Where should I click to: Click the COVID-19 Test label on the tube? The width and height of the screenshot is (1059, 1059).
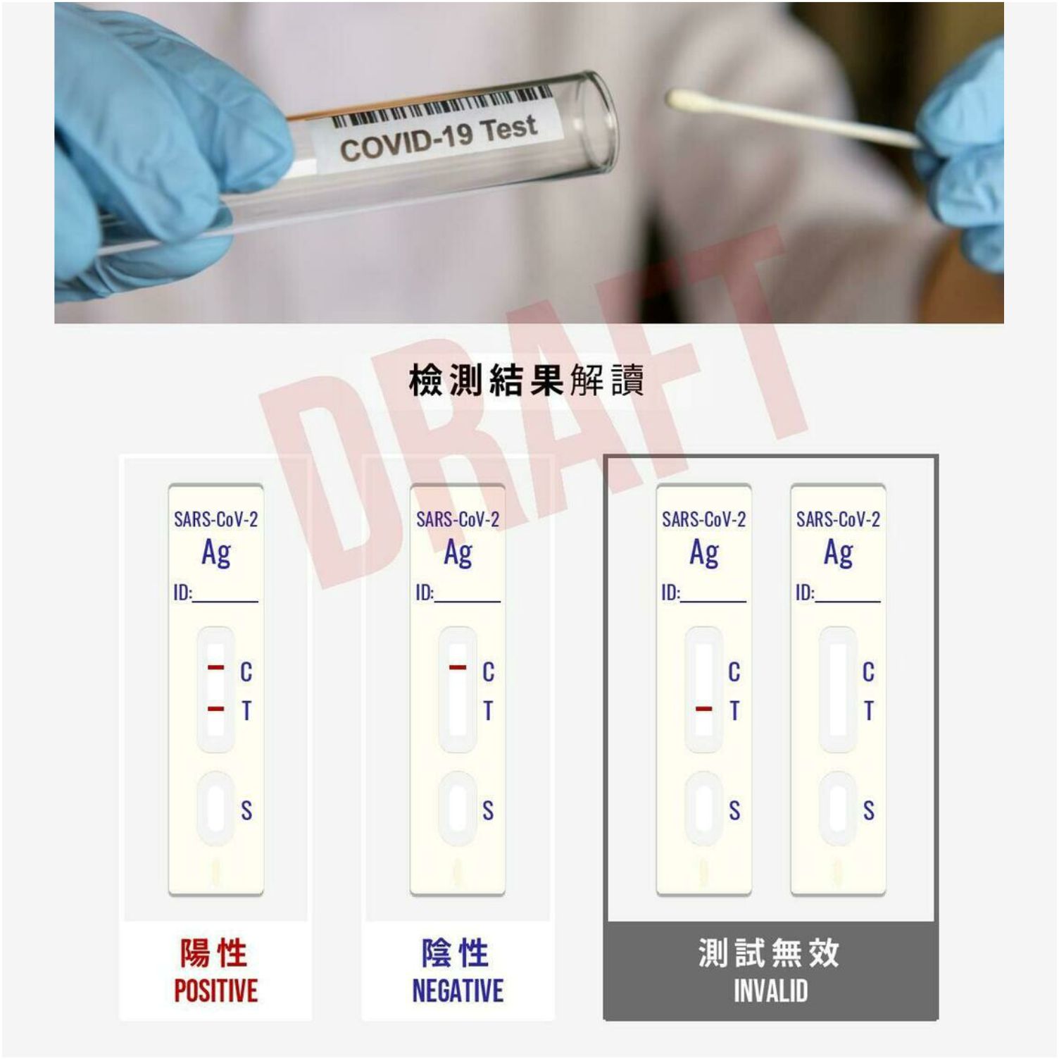click(x=439, y=137)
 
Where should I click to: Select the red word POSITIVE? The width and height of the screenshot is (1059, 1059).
click(x=215, y=991)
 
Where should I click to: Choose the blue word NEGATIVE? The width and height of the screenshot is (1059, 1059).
click(x=458, y=991)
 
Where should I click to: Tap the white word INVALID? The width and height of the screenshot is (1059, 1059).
click(x=771, y=991)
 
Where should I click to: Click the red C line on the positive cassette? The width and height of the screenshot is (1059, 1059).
click(x=215, y=667)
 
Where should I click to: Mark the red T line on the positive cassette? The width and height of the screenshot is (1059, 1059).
click(x=215, y=708)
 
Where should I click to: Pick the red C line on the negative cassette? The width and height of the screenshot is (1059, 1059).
click(x=458, y=667)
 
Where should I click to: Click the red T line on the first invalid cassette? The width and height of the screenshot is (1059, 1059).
click(x=703, y=708)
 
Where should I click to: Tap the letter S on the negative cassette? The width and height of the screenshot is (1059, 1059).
click(x=488, y=811)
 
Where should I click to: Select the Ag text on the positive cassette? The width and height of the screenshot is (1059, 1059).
click(x=215, y=553)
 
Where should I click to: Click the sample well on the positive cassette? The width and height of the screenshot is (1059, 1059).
click(x=215, y=808)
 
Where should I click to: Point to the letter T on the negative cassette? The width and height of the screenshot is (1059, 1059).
click(x=488, y=712)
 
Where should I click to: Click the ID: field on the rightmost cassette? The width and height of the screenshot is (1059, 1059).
click(x=838, y=593)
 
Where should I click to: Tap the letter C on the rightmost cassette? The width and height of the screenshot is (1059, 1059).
click(x=869, y=672)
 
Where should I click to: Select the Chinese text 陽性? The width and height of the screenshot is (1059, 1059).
click(x=213, y=953)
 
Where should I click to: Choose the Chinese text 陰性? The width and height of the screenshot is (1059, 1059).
click(x=456, y=953)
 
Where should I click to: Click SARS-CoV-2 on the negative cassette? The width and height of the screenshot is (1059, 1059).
click(x=458, y=520)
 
